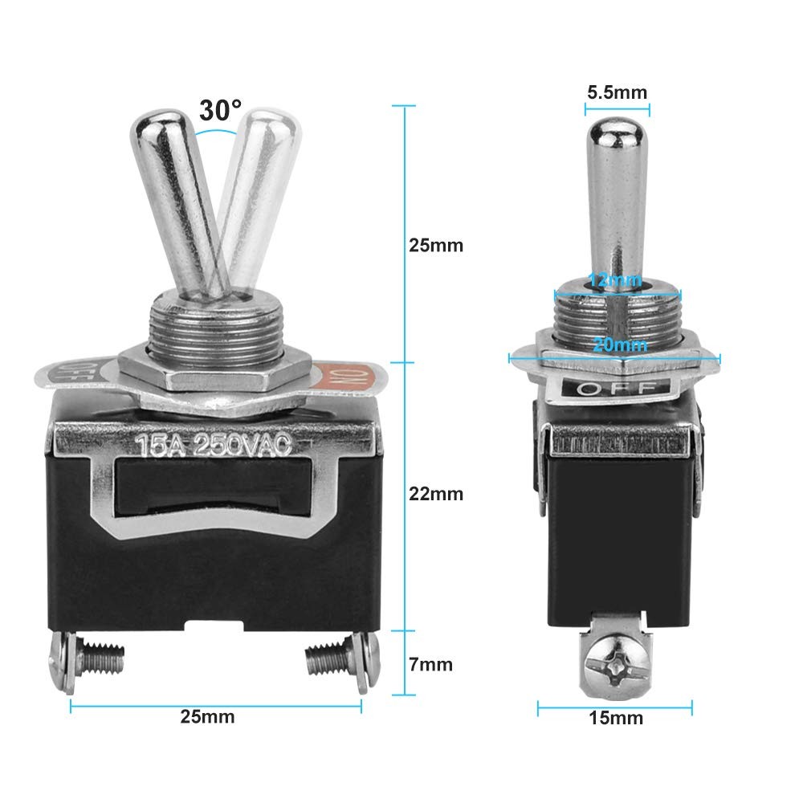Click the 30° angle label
click(x=220, y=110)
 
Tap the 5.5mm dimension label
click(x=617, y=92)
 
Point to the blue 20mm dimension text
click(x=620, y=344)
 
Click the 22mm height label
click(x=436, y=494)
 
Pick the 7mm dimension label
click(x=430, y=664)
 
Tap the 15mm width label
click(x=616, y=717)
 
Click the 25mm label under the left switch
click(x=207, y=716)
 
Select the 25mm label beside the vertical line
click(x=436, y=245)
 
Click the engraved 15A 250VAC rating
click(x=215, y=444)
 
